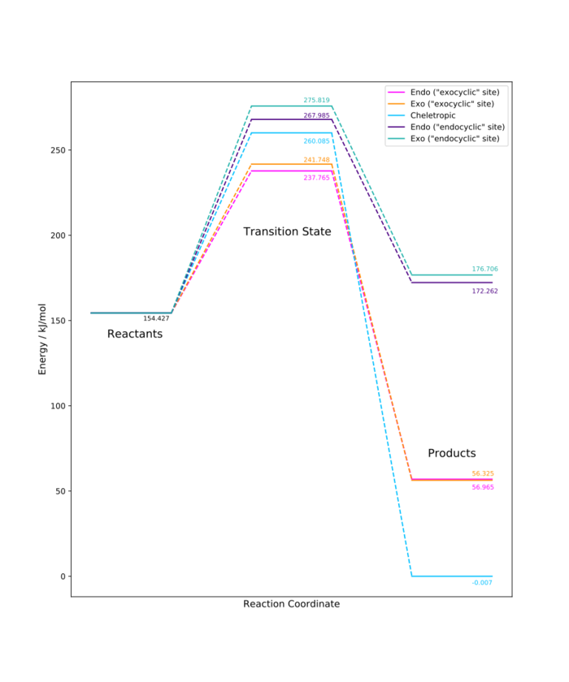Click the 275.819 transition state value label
(x=317, y=101)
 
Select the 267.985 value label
(x=317, y=115)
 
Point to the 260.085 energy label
(x=317, y=141)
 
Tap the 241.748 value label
(x=317, y=160)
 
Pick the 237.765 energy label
(x=317, y=177)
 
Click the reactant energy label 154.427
(x=156, y=318)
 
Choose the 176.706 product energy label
(x=485, y=269)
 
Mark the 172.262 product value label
(x=485, y=291)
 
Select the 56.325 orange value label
(x=483, y=473)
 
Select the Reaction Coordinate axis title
(x=291, y=604)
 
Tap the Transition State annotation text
(x=287, y=231)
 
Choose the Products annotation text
(x=452, y=453)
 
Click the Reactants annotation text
(x=135, y=334)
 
